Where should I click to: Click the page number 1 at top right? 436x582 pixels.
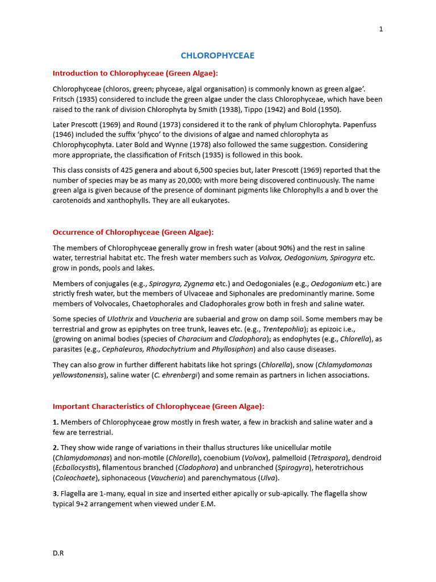[x=381, y=30]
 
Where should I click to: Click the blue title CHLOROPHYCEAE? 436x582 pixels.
[x=217, y=56]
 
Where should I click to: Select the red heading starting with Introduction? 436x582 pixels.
[x=135, y=73]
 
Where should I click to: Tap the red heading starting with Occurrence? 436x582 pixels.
[x=133, y=232]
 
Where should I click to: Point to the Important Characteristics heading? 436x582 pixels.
[x=158, y=406]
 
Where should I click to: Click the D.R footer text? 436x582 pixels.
[x=58, y=552]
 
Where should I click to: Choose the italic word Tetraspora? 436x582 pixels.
[x=328, y=458]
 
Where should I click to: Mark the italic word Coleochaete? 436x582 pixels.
[x=77, y=478]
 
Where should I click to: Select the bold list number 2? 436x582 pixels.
[x=56, y=448]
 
